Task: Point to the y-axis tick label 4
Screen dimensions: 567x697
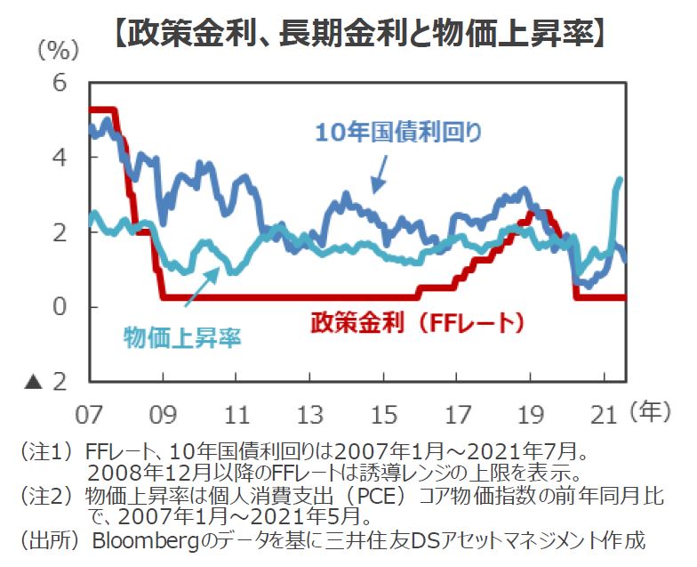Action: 60,157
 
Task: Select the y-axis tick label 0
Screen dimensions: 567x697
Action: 60,307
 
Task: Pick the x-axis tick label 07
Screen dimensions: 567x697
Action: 90,414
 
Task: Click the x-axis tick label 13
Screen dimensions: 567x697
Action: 309,414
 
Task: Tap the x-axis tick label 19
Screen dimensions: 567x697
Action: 530,414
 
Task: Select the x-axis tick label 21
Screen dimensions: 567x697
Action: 604,414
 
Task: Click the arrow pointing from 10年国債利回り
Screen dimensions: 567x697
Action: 381,173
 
